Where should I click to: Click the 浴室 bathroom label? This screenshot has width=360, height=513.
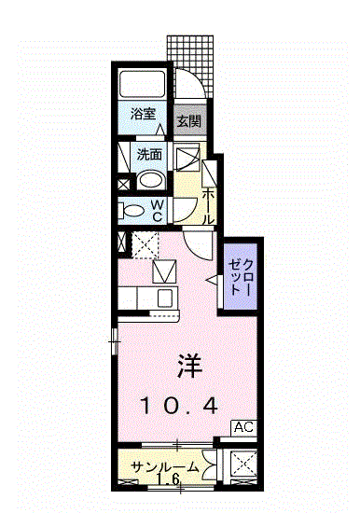[x=143, y=114]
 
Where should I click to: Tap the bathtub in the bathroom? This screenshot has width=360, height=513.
[x=143, y=83]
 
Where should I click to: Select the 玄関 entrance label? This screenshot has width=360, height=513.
[x=189, y=121]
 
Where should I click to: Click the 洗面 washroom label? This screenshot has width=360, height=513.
[x=149, y=155]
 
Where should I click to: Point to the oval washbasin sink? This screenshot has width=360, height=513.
[x=150, y=181]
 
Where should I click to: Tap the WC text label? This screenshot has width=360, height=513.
[x=158, y=211]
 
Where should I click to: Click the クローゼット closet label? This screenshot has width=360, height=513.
[x=241, y=277]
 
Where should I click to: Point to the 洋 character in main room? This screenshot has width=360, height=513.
[x=190, y=367]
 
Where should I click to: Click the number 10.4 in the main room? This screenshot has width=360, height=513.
[x=179, y=407]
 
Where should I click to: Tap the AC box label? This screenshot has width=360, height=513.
[x=243, y=427]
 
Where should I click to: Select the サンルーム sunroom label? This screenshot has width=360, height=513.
[x=165, y=467]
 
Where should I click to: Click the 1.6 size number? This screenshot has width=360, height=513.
[x=168, y=479]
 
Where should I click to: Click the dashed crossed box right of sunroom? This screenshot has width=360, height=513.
[x=243, y=464]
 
